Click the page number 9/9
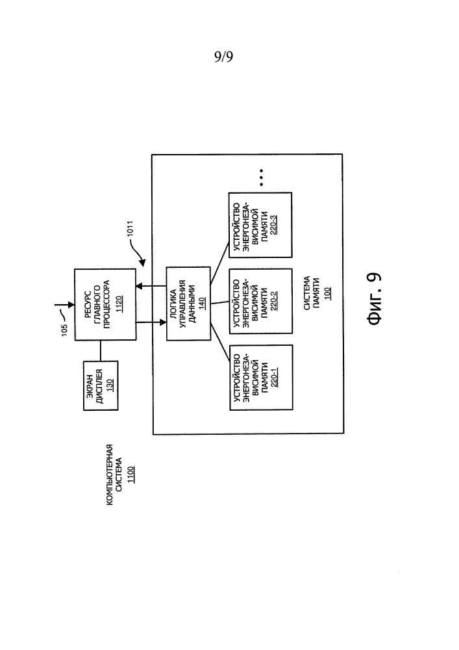pyautogui.click(x=223, y=56)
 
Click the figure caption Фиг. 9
pyautogui.click(x=374, y=298)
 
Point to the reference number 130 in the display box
pyautogui.click(x=110, y=385)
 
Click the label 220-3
pyautogui.click(x=273, y=225)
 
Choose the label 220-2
pyautogui.click(x=273, y=302)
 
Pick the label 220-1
pyautogui.click(x=274, y=377)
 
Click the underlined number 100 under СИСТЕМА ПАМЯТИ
pyautogui.click(x=329, y=293)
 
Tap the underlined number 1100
pyautogui.click(x=130, y=474)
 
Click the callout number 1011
pyautogui.click(x=130, y=229)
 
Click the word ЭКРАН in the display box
pyautogui.click(x=90, y=385)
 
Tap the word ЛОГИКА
pyautogui.click(x=173, y=304)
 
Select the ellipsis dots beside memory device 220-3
pyautogui.click(x=261, y=177)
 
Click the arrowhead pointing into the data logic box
pyautogui.click(x=163, y=321)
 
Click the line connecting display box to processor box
pyautogui.click(x=100, y=351)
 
